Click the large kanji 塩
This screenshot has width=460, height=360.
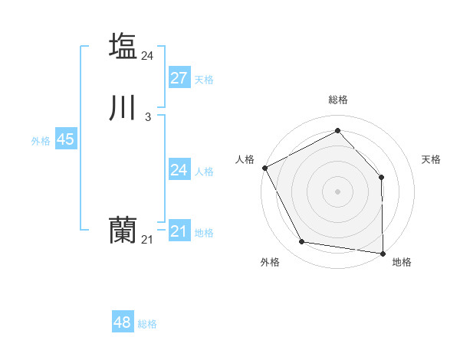coord(123,45)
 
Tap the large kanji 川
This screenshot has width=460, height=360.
coord(123,108)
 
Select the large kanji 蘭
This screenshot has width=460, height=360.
coord(123,231)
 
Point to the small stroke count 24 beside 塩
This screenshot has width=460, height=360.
coord(148,55)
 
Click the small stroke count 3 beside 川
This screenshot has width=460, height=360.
coord(148,117)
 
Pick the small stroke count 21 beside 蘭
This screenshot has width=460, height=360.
coord(148,240)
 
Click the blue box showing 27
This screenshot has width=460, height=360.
coord(179,78)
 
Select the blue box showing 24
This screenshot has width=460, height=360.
coord(179,170)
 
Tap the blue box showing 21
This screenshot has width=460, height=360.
coord(179,231)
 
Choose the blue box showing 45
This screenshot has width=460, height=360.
coord(65,139)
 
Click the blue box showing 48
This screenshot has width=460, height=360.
coord(123,322)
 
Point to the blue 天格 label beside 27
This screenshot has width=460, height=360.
coord(204,80)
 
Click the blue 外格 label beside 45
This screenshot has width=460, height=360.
coord(41,141)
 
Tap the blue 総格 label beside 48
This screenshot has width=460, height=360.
coord(147,324)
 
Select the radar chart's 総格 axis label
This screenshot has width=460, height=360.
coord(338,100)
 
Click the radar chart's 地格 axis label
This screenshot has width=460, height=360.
coord(402,262)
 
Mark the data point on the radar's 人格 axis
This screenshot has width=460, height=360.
coord(264,167)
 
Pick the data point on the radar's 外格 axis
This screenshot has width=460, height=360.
coord(302,242)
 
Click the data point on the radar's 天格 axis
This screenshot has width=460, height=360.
coord(382,177)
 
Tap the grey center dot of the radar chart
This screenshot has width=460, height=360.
coord(338,191)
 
